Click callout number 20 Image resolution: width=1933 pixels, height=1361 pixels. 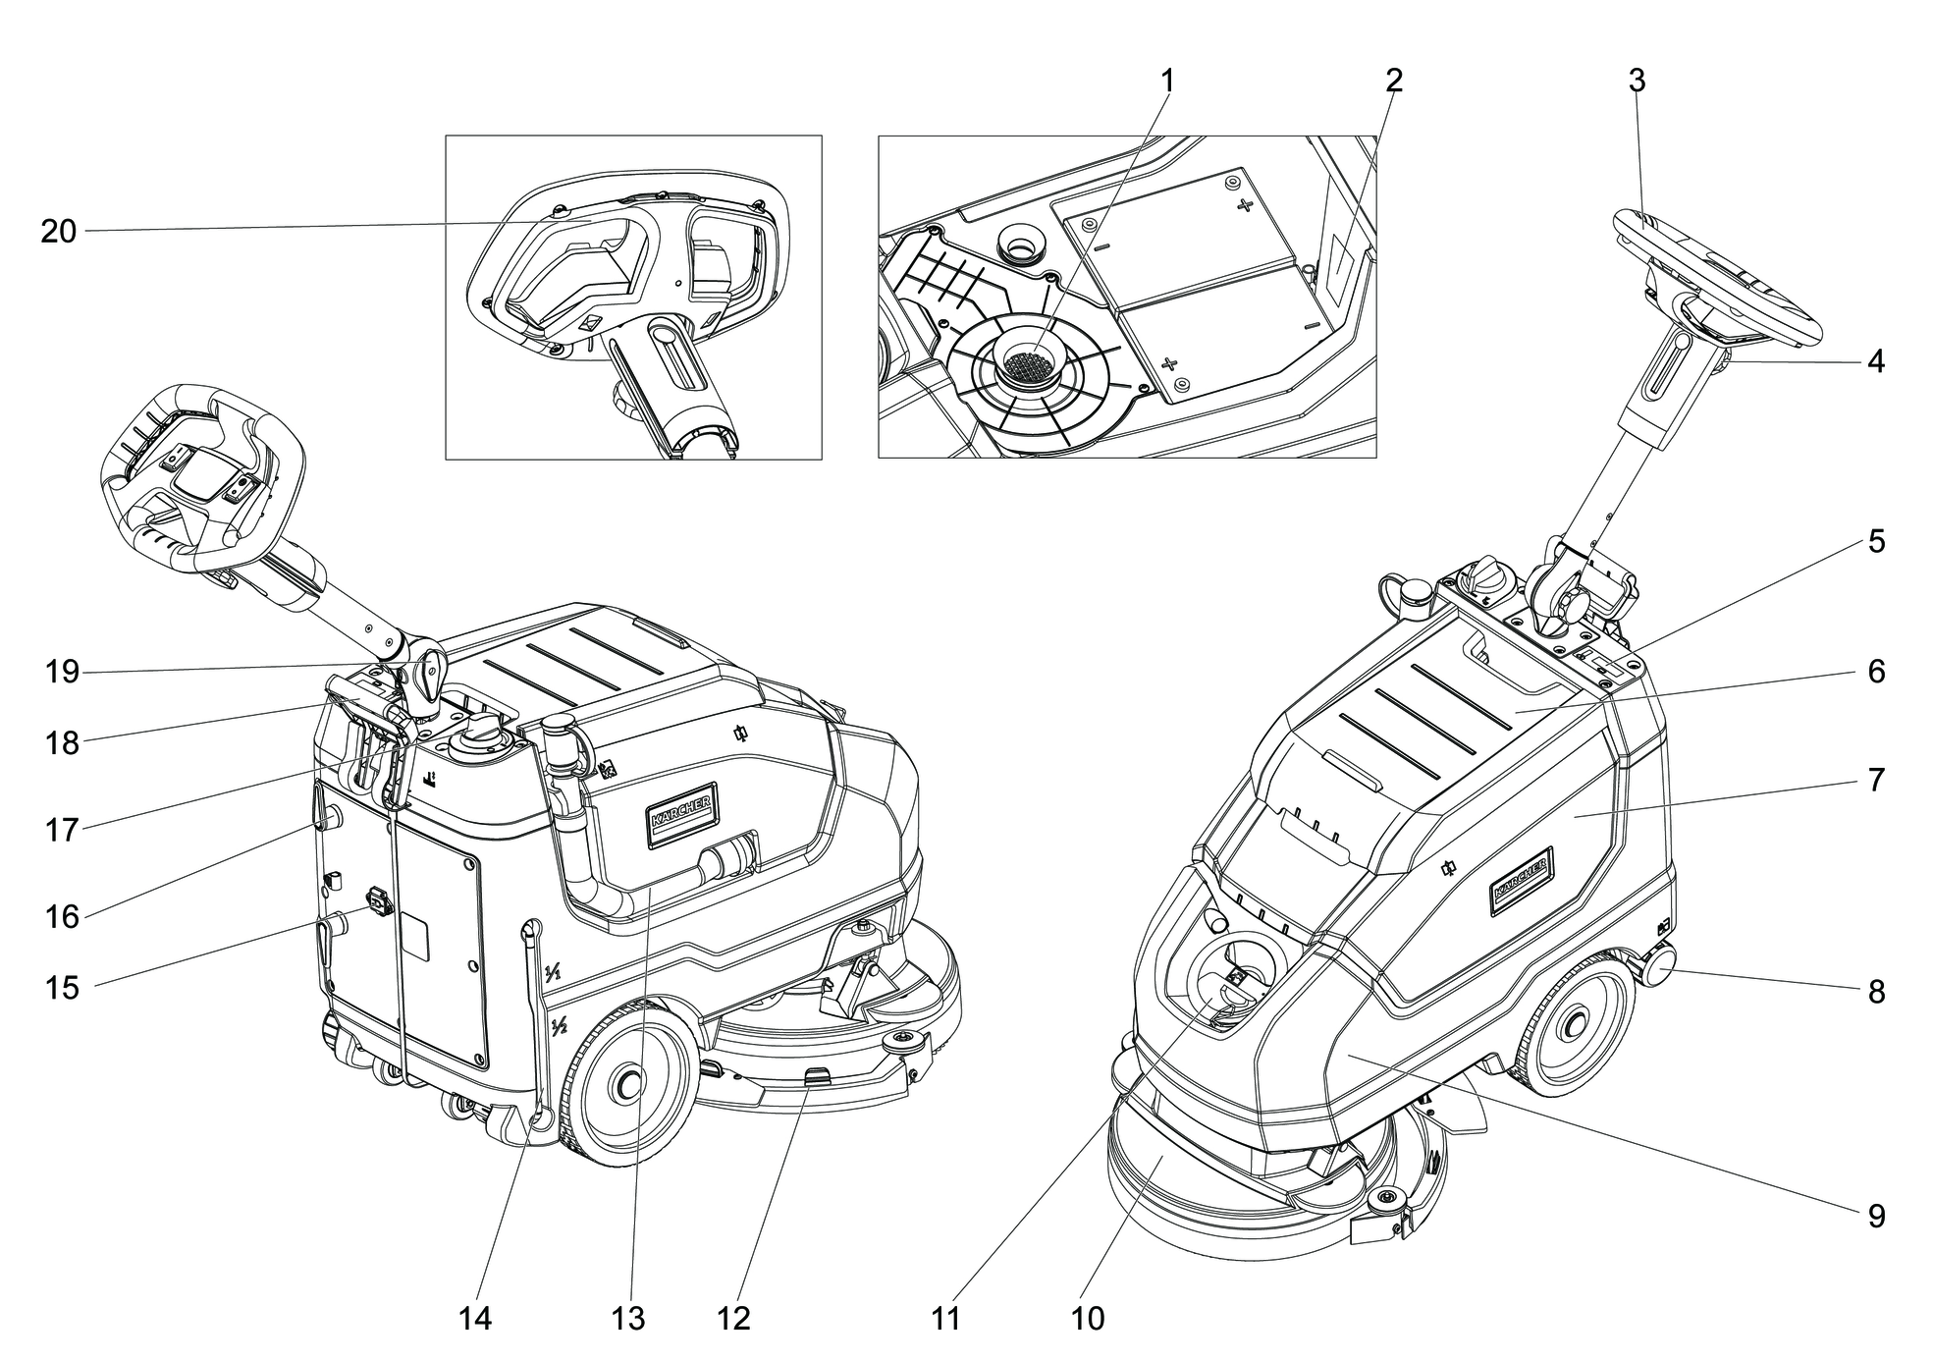tap(58, 232)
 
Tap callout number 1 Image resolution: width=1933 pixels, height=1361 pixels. tap(1167, 81)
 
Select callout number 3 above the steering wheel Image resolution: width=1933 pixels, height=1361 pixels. tap(1637, 81)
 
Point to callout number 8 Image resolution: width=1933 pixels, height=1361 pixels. tap(1876, 992)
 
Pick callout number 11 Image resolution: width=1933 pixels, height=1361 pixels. tap(944, 1319)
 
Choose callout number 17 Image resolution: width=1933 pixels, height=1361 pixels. tap(61, 831)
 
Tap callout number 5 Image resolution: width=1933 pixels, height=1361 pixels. tap(1876, 541)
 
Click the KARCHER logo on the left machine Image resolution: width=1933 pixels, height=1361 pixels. tap(681, 814)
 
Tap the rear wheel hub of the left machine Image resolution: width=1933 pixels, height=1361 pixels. tap(626, 1083)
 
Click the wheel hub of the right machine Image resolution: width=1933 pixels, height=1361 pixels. tap(1570, 1027)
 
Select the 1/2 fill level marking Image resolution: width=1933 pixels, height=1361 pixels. tap(560, 1027)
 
